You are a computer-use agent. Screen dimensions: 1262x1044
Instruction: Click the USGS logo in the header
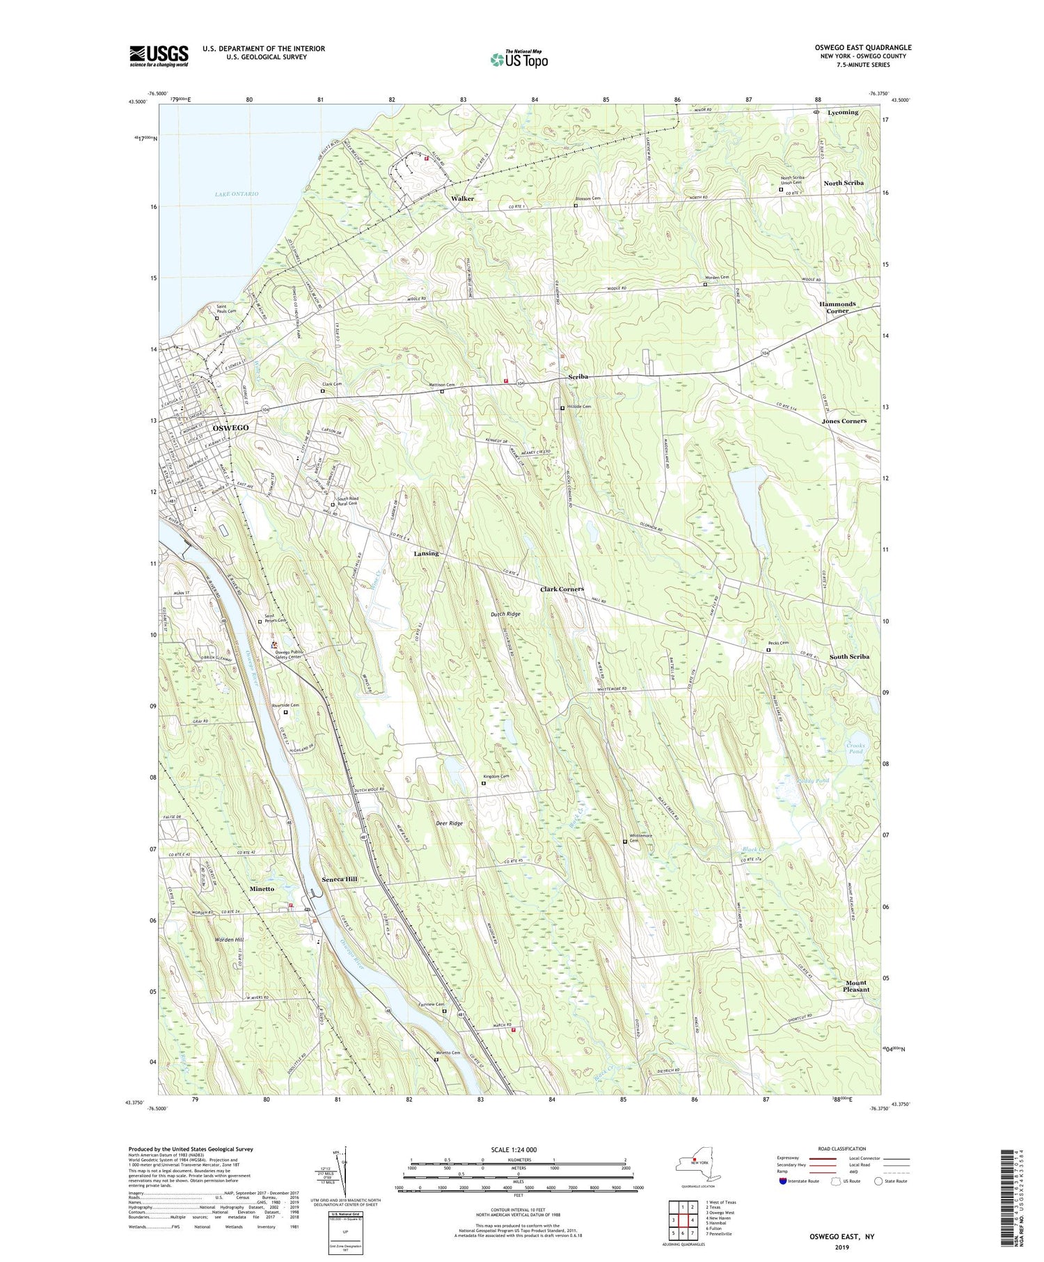[159, 56]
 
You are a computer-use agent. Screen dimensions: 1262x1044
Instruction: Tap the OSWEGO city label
[230, 427]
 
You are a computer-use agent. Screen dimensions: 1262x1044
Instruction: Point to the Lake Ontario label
[236, 194]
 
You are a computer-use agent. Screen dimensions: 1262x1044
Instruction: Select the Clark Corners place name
[562, 589]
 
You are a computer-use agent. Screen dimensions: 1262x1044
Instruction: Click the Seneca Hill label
[339, 879]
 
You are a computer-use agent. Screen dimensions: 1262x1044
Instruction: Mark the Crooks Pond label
[855, 749]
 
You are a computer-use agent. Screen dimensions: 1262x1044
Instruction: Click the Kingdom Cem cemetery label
[496, 777]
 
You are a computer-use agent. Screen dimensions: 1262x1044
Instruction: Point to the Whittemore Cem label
[640, 838]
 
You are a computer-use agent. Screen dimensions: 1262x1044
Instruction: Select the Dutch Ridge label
[505, 614]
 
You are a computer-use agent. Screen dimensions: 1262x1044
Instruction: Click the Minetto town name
[262, 889]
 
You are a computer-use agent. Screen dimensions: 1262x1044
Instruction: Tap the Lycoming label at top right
[843, 112]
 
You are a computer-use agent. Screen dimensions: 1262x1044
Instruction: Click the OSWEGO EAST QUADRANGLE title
[863, 47]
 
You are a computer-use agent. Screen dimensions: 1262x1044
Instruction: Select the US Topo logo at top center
[519, 60]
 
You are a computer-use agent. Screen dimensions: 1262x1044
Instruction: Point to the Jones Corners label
[844, 421]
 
